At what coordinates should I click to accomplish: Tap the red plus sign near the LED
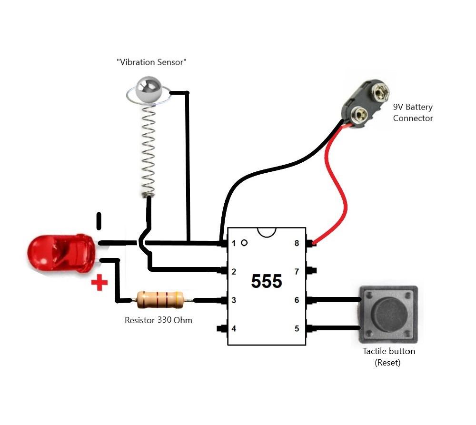click(99, 284)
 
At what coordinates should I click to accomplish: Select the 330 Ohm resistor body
click(160, 299)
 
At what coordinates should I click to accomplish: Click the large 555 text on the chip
click(267, 282)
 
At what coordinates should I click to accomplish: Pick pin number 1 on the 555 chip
click(233, 244)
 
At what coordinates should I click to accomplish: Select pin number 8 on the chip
click(297, 244)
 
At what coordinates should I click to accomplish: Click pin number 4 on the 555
click(233, 328)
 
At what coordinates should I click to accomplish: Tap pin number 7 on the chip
click(297, 272)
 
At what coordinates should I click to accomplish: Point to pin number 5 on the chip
click(297, 328)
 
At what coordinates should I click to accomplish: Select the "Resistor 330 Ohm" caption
click(159, 320)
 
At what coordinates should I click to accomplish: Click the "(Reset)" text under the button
click(387, 363)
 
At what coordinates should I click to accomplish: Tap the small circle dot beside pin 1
click(244, 243)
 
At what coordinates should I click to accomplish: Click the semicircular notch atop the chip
click(267, 231)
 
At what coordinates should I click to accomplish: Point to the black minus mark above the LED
click(99, 220)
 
